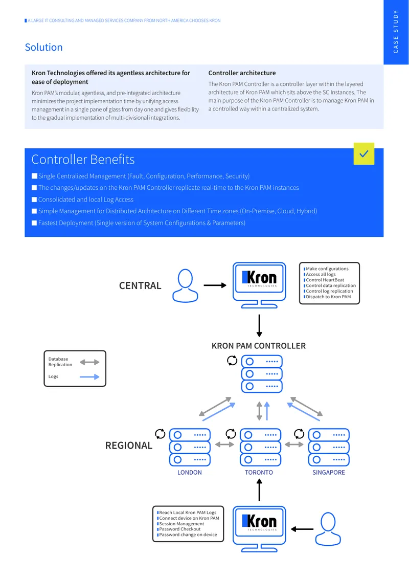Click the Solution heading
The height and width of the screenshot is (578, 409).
click(43, 47)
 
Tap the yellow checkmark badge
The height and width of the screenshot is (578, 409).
click(363, 154)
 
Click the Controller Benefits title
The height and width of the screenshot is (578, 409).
click(83, 159)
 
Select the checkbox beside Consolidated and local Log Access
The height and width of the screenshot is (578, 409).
click(34, 199)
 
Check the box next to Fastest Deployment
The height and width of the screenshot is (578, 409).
click(34, 223)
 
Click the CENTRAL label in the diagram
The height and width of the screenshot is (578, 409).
click(140, 286)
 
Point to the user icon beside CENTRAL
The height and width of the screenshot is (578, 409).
click(186, 286)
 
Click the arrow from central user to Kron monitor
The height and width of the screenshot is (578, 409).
click(215, 285)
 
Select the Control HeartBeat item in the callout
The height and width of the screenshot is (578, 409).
click(325, 280)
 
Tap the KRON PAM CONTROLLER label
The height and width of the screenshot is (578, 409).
click(259, 346)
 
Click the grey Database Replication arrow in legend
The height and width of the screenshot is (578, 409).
click(89, 362)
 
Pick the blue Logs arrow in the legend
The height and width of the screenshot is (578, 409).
click(89, 377)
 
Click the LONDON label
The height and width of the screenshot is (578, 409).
click(189, 473)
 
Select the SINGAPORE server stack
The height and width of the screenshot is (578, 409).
click(329, 447)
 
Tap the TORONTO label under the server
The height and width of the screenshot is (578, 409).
click(259, 473)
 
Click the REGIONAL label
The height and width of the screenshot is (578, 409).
click(129, 446)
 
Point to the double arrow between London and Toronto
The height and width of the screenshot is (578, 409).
click(225, 444)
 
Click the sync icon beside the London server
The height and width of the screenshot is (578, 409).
click(160, 434)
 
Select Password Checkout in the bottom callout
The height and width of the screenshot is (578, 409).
click(179, 529)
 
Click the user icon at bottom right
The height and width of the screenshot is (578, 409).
click(328, 529)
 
